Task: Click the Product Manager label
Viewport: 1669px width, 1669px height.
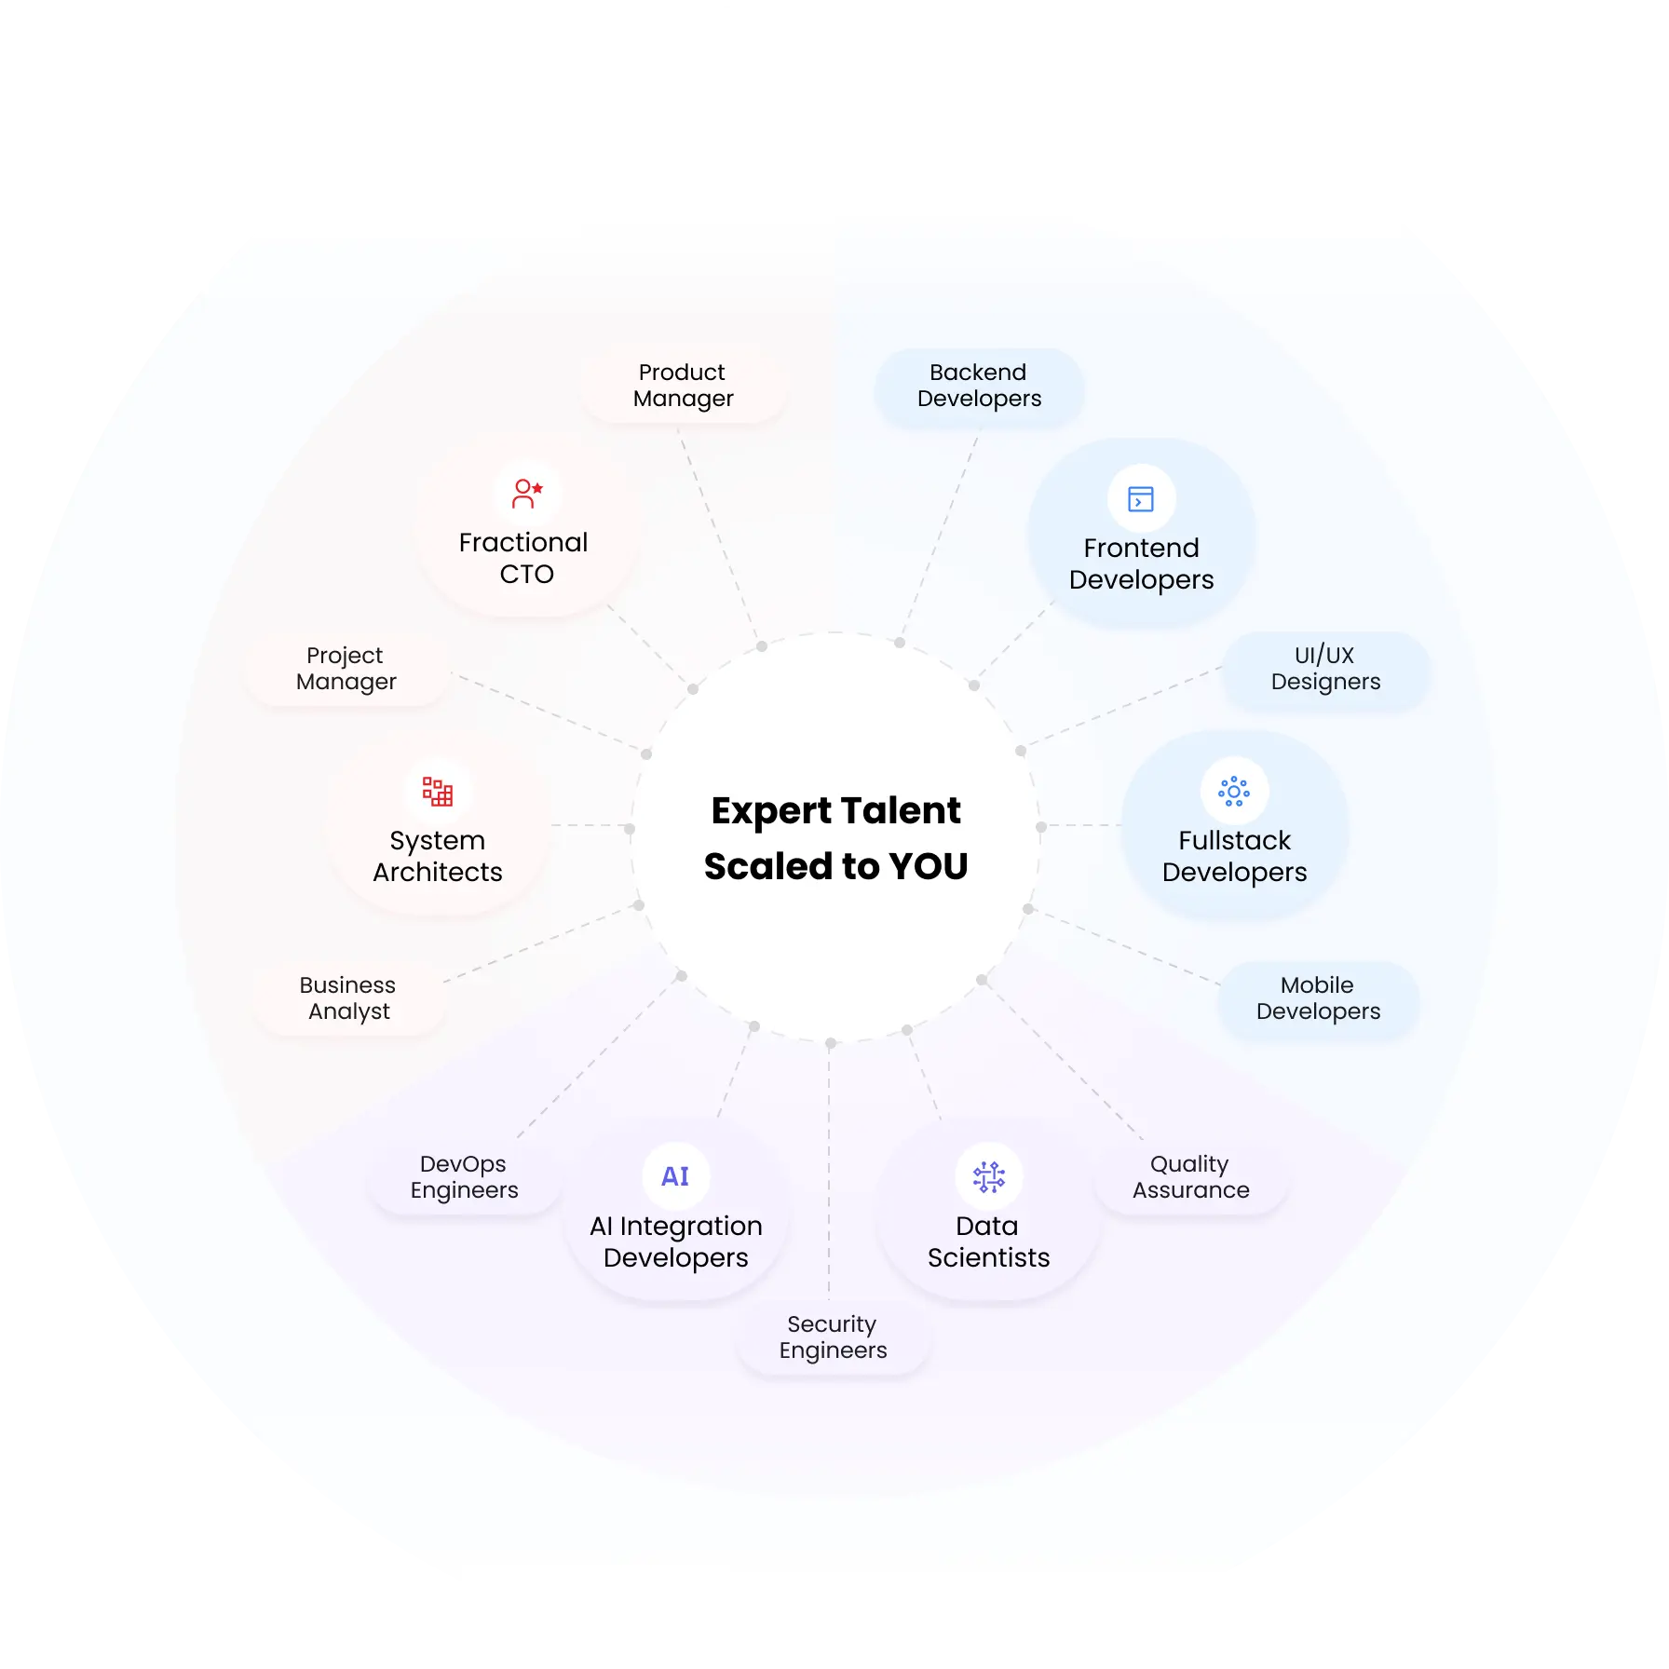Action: pyautogui.click(x=683, y=386)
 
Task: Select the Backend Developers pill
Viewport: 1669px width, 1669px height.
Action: pyautogui.click(x=979, y=387)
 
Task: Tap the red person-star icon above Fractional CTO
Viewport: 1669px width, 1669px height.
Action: pyautogui.click(x=527, y=494)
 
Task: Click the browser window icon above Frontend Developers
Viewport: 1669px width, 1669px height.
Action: pyautogui.click(x=1141, y=499)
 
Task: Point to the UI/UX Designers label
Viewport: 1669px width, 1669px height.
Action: pyautogui.click(x=1325, y=669)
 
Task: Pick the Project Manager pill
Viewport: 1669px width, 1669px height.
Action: pyautogui.click(x=346, y=669)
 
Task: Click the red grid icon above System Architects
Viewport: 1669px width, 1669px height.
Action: pyautogui.click(x=438, y=792)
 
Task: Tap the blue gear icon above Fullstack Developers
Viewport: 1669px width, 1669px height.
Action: pyautogui.click(x=1234, y=792)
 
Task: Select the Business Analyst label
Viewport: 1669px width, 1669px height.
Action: pyautogui.click(x=348, y=998)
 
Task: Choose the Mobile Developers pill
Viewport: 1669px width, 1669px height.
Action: pyautogui.click(x=1318, y=998)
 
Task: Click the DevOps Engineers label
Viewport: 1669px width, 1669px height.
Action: pyautogui.click(x=464, y=1177)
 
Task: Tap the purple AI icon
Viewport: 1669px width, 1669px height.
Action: pyautogui.click(x=675, y=1176)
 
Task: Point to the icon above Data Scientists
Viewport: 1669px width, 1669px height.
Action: pyautogui.click(x=989, y=1177)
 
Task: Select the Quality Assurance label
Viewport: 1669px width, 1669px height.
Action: pyautogui.click(x=1190, y=1177)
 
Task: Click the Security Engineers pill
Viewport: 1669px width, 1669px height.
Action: pyautogui.click(x=833, y=1337)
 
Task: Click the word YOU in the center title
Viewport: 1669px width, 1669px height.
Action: pyautogui.click(x=929, y=866)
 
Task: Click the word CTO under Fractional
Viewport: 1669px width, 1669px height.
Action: pyautogui.click(x=526, y=574)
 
